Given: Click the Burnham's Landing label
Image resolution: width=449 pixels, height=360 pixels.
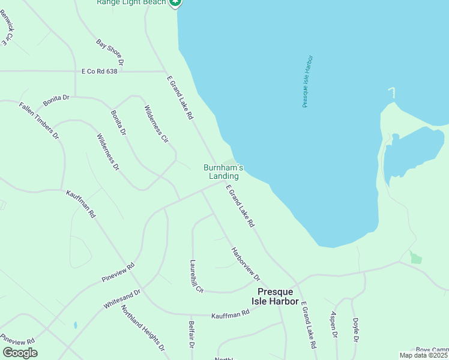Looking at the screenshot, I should (x=223, y=172).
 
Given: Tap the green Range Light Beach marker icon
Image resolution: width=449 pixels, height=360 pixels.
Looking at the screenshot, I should (x=175, y=2).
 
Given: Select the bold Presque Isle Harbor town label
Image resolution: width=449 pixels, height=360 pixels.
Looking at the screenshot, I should (x=274, y=296).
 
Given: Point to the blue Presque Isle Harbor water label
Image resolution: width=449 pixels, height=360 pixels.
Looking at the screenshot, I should (x=308, y=82).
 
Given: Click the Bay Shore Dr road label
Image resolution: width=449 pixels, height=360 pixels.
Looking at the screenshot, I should (x=110, y=52).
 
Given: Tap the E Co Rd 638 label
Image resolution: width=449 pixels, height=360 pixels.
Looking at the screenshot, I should (x=100, y=71).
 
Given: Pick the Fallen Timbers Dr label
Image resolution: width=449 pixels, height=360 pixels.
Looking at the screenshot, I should (x=39, y=120).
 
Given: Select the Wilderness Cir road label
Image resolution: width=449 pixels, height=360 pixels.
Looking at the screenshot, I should (x=156, y=124).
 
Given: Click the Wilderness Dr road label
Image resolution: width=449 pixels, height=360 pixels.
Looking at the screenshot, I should (x=108, y=152).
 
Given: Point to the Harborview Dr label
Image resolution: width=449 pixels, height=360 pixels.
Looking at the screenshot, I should (x=246, y=264).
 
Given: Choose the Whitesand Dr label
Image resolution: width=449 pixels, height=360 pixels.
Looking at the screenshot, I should (x=121, y=299).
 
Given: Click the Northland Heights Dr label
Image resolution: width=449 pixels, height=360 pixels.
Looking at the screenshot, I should (x=143, y=328).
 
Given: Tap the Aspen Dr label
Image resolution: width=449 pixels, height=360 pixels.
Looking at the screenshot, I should (x=334, y=326).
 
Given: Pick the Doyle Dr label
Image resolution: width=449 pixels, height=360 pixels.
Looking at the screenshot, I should (x=355, y=329).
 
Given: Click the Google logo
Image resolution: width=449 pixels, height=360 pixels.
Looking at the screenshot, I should (x=20, y=353).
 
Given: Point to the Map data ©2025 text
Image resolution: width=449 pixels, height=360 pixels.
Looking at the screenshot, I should (x=424, y=355).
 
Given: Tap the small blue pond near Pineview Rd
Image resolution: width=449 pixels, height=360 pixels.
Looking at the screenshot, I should (x=75, y=325).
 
